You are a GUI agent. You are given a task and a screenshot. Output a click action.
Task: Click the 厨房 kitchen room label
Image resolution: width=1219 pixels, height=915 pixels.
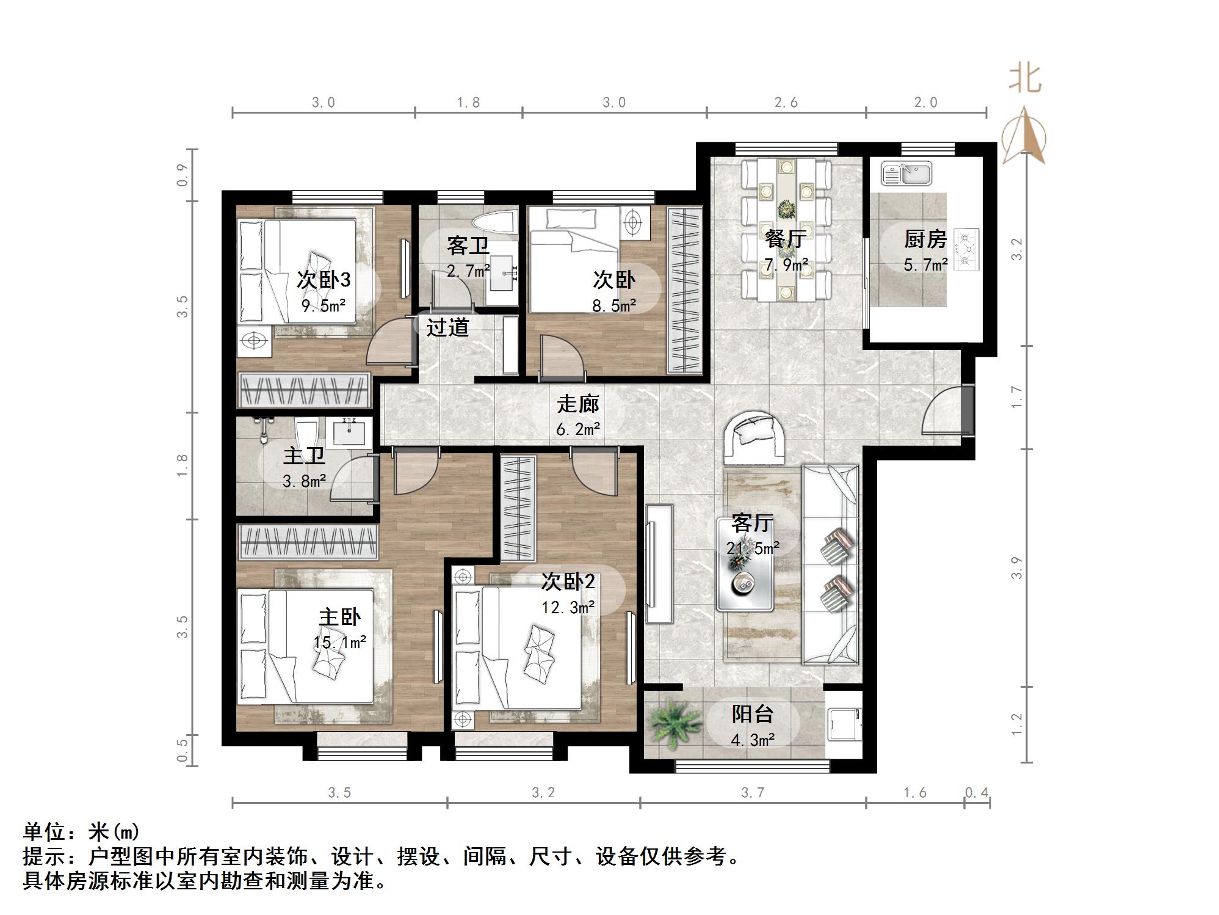(925, 239)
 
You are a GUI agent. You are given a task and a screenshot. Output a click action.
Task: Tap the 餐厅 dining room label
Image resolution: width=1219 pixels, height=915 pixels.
(786, 239)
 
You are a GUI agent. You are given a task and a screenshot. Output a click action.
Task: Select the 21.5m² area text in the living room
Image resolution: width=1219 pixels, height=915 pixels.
(753, 548)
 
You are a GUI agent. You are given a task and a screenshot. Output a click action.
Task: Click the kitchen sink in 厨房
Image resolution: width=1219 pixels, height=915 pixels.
(906, 173)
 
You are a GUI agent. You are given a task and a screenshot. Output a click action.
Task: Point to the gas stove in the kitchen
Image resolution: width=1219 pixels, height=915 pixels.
(966, 249)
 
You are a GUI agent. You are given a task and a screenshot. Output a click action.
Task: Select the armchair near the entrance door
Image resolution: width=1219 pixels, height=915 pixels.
(754, 437)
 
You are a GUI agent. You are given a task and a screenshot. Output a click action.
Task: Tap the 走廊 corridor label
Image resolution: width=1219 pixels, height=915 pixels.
(577, 404)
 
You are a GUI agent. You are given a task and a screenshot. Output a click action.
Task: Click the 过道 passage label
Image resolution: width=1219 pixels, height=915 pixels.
(447, 327)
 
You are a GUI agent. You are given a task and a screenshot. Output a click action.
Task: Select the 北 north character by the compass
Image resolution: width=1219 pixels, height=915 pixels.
(1024, 79)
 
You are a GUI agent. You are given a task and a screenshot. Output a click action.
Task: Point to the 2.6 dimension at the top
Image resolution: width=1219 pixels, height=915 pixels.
(786, 103)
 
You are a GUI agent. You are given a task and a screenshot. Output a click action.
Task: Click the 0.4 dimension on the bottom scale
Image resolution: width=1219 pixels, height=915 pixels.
(976, 792)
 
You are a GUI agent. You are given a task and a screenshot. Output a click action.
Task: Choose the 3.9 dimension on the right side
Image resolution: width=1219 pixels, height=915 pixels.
(1016, 568)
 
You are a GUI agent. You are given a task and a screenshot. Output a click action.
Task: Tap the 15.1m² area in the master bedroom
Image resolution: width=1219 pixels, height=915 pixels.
(340, 642)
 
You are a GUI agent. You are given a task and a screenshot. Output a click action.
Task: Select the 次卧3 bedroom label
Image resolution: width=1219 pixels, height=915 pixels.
(324, 280)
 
